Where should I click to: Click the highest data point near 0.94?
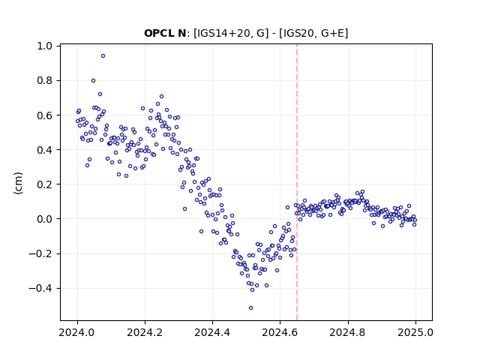coord(103,56)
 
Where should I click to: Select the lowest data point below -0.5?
coord(250,308)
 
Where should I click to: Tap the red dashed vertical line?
coord(297,182)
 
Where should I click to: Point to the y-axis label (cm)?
coord(18,183)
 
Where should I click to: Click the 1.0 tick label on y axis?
coord(44,46)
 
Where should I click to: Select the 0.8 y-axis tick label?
coord(44,80)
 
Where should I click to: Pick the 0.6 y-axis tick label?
coord(44,115)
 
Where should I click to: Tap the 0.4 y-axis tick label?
coord(44,150)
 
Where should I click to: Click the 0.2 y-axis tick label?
coord(44,184)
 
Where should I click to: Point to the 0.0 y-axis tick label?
coord(44,219)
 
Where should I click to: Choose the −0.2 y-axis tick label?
coord(40,253)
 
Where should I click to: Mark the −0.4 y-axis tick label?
coord(40,288)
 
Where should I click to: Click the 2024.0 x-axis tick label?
coord(77,332)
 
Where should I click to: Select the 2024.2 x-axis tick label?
coord(145,332)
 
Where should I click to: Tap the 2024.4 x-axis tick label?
coord(212,332)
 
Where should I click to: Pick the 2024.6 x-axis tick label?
coord(280,332)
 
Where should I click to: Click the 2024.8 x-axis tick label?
coord(348,332)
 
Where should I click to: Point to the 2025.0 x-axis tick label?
coord(415,332)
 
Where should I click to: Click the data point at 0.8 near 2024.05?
coord(93,81)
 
